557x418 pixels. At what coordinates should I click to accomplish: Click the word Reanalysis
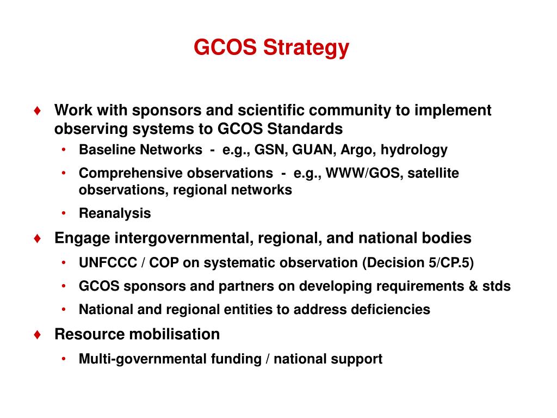(115, 213)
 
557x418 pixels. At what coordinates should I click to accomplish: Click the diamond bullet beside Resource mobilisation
(37, 334)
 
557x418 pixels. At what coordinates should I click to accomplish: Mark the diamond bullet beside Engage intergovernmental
(37, 238)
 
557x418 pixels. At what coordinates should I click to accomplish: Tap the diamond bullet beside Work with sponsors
(37, 110)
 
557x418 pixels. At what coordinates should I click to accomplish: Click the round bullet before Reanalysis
(64, 213)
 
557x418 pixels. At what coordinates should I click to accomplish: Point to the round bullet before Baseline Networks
(64, 150)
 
